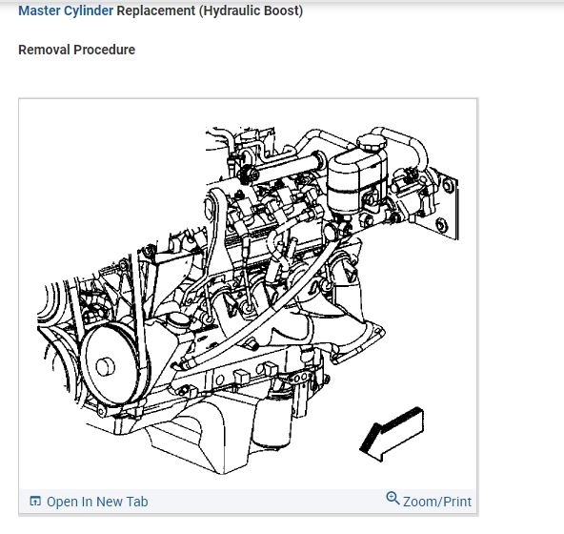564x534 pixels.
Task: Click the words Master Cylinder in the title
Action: (66, 11)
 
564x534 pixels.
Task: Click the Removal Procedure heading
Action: (76, 50)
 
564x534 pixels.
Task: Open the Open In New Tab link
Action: (97, 502)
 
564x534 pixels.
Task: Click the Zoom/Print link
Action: (436, 502)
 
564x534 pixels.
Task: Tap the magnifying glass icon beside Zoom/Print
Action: (393, 500)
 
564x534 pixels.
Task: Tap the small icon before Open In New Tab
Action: (35, 502)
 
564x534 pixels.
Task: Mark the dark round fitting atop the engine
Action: (247, 173)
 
